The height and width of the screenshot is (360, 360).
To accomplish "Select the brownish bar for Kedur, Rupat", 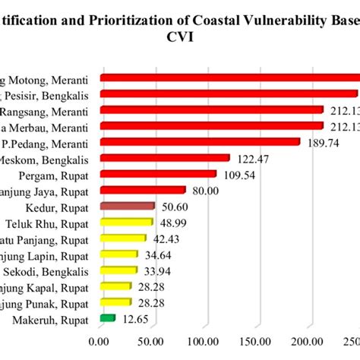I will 127,206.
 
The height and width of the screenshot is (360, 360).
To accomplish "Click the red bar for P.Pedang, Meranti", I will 200,142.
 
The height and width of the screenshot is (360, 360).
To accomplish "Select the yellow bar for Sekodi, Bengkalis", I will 118,270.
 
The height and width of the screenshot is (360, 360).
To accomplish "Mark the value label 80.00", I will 209,190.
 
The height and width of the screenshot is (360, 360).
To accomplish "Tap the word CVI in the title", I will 181,36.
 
